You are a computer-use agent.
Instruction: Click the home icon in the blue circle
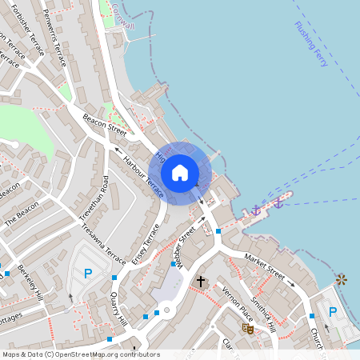(x=180, y=173)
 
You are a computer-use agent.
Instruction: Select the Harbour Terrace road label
(x=143, y=175)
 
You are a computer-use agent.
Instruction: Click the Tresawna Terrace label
(x=102, y=245)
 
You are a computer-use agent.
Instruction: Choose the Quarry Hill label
(x=119, y=308)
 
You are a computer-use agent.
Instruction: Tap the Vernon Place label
(x=237, y=299)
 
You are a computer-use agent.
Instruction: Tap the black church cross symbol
(x=201, y=282)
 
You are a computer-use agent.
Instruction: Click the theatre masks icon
(x=248, y=328)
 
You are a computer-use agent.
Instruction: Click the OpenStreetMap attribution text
(x=80, y=354)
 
